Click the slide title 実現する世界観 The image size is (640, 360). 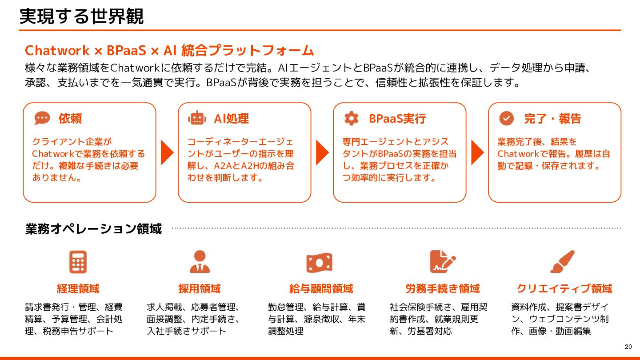pyautogui.click(x=82, y=16)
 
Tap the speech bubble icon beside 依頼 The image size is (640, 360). pyautogui.click(x=42, y=118)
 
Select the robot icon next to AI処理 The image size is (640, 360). pyautogui.click(x=197, y=118)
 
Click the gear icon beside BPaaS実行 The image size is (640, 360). pyautogui.click(x=351, y=118)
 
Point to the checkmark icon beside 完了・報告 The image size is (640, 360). pyautogui.click(x=506, y=118)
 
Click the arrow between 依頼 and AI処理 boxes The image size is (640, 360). pyautogui.click(x=167, y=152)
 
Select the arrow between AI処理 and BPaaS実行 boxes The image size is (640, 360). pyautogui.click(x=322, y=152)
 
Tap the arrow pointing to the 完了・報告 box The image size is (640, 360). pyautogui.click(x=477, y=152)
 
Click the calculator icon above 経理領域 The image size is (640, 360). pyautogui.click(x=78, y=262)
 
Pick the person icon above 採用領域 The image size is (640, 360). pyautogui.click(x=200, y=262)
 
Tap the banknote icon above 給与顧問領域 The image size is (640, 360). pyautogui.click(x=319, y=262)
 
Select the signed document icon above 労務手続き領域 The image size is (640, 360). pyautogui.click(x=442, y=262)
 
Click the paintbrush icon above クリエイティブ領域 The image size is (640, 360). pyautogui.click(x=563, y=262)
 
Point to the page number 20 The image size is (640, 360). pyautogui.click(x=628, y=347)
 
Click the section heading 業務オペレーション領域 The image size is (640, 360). pyautogui.click(x=93, y=229)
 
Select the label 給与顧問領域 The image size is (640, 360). pyautogui.click(x=321, y=289)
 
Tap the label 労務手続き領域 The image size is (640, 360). pyautogui.click(x=443, y=289)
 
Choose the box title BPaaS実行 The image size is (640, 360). pyautogui.click(x=397, y=119)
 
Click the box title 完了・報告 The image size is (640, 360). pyautogui.click(x=552, y=119)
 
